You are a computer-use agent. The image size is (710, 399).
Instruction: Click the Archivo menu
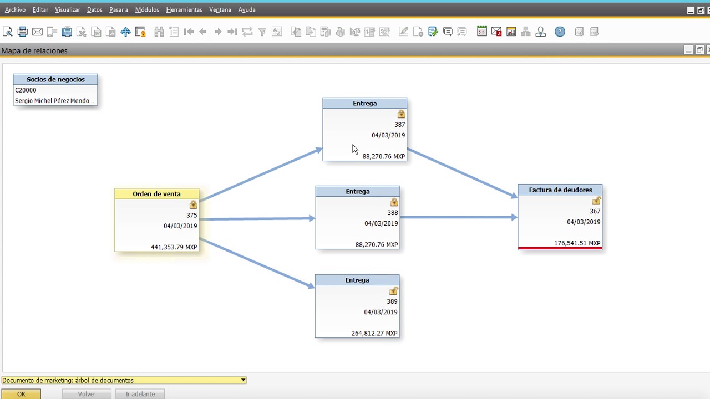click(15, 10)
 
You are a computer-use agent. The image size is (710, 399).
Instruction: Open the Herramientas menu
click(184, 10)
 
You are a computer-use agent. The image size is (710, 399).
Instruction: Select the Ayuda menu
click(247, 10)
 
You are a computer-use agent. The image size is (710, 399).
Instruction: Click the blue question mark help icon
click(560, 32)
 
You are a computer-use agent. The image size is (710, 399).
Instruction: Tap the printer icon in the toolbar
click(23, 32)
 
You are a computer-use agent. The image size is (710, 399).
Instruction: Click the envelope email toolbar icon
click(37, 32)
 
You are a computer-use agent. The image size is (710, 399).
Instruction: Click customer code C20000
click(26, 90)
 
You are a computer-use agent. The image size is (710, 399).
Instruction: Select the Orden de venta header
click(156, 194)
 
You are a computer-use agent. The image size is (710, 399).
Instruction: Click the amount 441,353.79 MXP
click(174, 247)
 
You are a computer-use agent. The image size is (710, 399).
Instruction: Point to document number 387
click(400, 125)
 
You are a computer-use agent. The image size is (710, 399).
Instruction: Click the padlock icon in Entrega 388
click(394, 202)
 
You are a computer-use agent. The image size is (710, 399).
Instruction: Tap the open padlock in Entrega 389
click(393, 291)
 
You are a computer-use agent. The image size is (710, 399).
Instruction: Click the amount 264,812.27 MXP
click(374, 333)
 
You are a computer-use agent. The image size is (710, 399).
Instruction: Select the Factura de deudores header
click(560, 190)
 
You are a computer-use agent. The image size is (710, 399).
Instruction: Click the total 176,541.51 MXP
click(577, 243)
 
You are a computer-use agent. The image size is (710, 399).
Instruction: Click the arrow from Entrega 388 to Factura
click(459, 217)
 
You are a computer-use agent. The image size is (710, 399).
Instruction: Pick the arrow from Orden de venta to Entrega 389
click(257, 263)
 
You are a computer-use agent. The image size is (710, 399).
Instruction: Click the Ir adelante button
click(140, 394)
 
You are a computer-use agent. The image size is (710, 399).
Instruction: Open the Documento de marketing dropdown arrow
click(243, 380)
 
